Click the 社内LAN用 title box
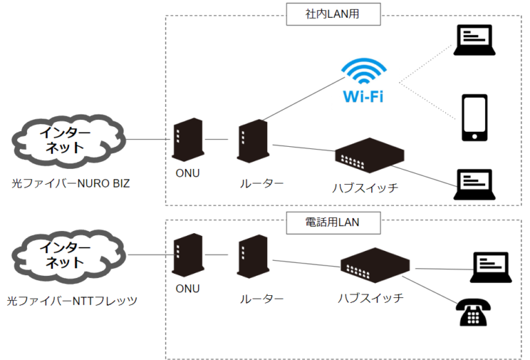coord(322,13)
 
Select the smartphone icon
coord(474,117)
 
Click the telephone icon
coord(474,312)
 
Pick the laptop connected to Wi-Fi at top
coord(474,40)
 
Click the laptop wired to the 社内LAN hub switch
coord(474,182)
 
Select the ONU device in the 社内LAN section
coord(186,140)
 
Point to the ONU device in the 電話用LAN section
coord(186,255)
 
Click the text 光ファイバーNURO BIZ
coord(70,183)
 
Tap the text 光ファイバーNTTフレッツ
coord(72,301)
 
